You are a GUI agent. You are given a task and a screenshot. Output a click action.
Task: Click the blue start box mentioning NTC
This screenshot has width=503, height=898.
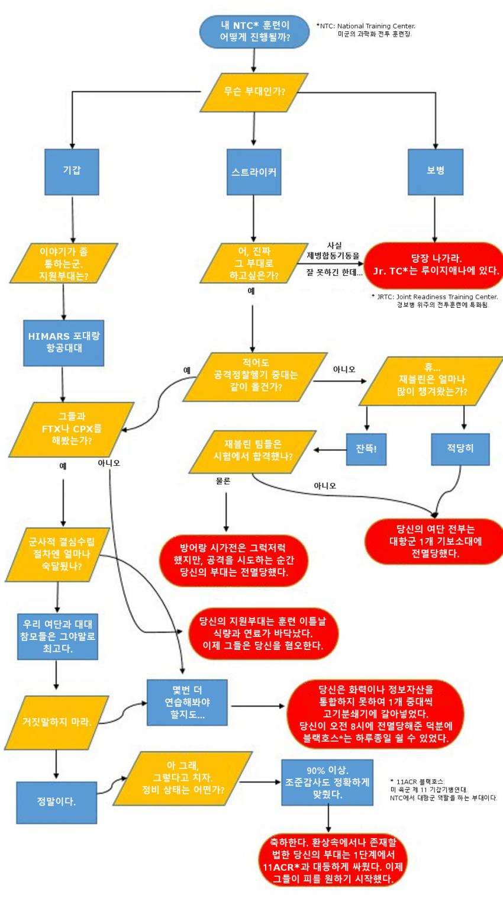254,32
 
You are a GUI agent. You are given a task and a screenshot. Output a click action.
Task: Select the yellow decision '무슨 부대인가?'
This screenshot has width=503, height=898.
254,91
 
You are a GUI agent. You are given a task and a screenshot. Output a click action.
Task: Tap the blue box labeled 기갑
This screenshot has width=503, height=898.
72,171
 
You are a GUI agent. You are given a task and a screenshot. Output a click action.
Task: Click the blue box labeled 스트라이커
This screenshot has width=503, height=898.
254,172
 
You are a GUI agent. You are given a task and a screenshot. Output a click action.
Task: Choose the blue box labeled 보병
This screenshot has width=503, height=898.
436,171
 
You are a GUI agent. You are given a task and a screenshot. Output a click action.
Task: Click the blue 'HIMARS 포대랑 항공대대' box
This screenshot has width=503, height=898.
64,342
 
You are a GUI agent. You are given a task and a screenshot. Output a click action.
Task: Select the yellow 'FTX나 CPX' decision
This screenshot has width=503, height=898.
72,429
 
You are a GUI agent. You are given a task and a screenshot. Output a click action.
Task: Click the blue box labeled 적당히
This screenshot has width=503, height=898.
460,449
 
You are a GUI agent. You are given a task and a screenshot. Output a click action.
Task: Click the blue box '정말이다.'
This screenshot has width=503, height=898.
56,803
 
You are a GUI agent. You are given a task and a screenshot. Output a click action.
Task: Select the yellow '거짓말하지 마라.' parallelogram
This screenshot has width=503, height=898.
57,722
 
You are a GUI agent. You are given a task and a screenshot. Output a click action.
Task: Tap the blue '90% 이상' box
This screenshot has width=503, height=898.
327,782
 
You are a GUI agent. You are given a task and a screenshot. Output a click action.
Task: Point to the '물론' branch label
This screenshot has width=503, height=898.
223,481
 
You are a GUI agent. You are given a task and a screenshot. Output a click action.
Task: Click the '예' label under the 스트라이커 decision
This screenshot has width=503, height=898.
251,291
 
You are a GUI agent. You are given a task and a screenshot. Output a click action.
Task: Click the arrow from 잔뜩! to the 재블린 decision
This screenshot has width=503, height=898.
330,450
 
